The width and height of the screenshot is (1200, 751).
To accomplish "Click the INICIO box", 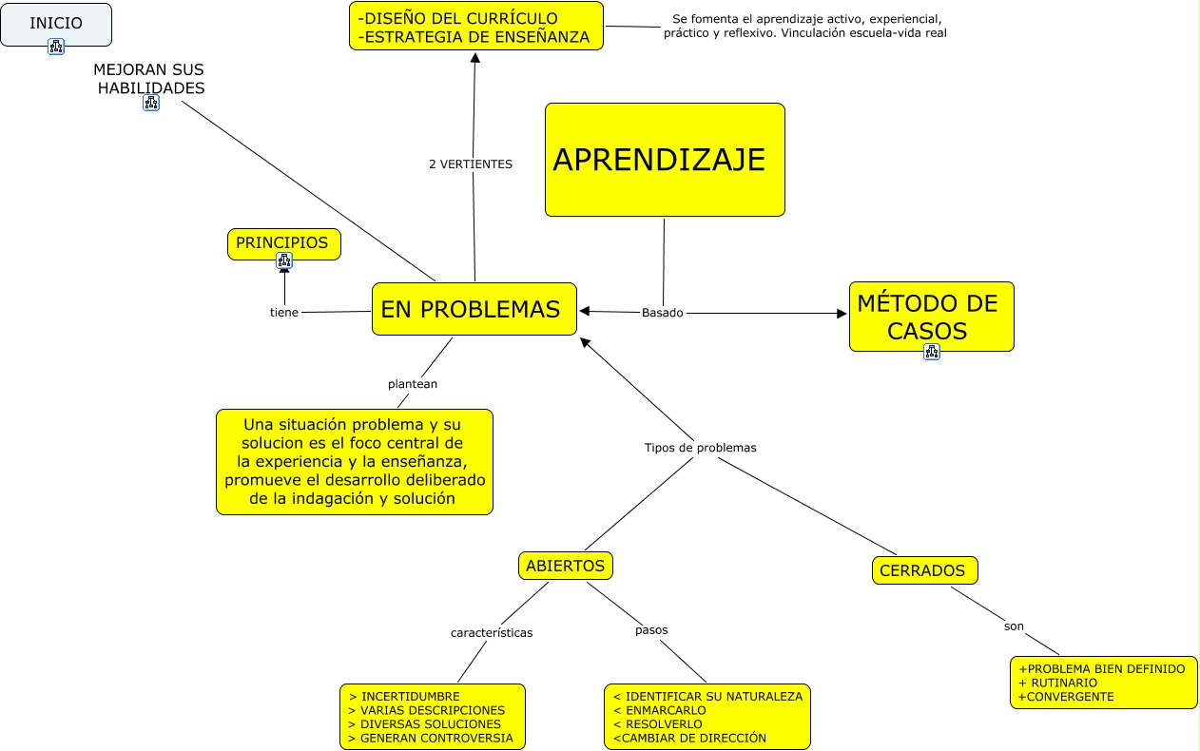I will (56, 24).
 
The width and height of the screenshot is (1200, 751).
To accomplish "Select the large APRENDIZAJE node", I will (665, 160).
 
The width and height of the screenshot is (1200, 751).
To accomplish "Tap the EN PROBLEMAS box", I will (474, 309).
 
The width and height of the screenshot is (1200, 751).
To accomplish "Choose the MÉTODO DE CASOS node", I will (930, 317).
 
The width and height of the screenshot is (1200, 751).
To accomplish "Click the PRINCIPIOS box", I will (282, 242).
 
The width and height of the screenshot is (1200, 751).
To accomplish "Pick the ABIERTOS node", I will (565, 566).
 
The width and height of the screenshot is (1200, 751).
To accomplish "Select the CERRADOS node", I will (924, 570).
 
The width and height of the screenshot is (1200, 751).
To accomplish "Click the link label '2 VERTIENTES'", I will (471, 164).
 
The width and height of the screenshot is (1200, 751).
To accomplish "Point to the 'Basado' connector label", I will (662, 313).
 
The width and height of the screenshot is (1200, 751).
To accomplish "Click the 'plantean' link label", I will (413, 384).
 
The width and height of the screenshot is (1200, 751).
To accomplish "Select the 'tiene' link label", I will (284, 313).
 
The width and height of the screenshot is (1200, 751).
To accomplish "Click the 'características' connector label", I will (492, 632).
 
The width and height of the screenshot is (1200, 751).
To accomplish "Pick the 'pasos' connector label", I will (651, 629).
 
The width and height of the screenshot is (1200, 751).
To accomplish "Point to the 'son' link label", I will (1014, 626).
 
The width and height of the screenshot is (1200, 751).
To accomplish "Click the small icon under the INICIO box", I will (56, 47).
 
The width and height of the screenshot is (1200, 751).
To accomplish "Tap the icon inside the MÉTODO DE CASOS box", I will (932, 352).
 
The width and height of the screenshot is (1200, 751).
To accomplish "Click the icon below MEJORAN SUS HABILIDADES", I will (151, 103).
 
